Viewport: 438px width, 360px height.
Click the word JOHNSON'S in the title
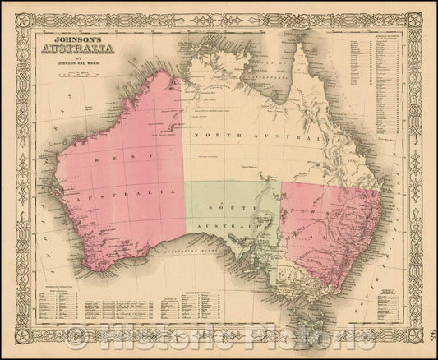click(76, 36)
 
